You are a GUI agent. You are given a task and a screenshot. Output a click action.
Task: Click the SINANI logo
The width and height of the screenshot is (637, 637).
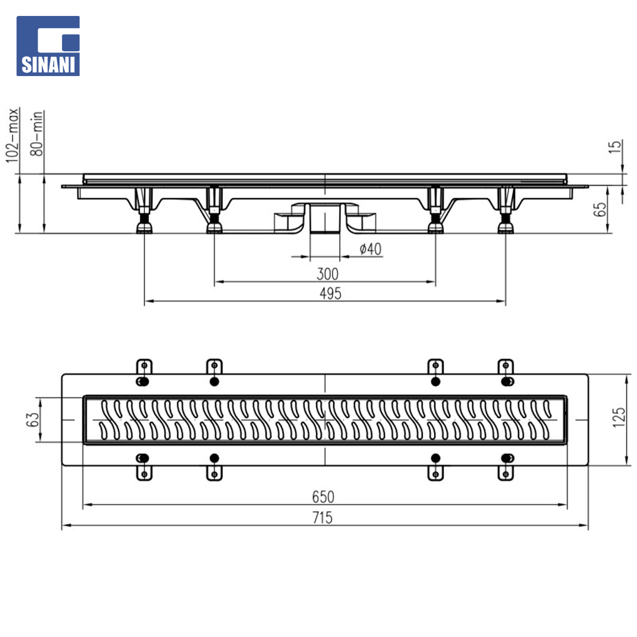point(48,46)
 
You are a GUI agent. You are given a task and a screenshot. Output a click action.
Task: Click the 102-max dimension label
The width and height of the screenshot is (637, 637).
point(12,135)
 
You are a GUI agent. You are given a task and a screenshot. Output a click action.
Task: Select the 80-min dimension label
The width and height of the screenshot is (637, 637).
point(37,133)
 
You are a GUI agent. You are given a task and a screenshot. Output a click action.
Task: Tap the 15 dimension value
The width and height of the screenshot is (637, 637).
point(615,147)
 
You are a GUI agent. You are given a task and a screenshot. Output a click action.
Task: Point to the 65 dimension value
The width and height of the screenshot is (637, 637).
point(600,209)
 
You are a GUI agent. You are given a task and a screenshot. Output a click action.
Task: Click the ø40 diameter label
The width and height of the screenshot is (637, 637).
point(370,249)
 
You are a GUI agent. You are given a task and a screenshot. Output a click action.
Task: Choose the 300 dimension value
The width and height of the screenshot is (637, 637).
point(327,274)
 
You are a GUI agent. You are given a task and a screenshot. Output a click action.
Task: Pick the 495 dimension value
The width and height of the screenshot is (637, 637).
point(330,293)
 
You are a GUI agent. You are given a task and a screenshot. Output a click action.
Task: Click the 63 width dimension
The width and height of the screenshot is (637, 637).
point(32,419)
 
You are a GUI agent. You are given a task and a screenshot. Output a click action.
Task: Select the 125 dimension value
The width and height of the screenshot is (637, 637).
point(619,417)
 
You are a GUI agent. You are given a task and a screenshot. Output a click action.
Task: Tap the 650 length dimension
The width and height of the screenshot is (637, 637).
point(323,497)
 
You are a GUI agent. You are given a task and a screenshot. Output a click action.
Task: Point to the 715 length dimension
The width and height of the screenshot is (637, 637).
point(322,518)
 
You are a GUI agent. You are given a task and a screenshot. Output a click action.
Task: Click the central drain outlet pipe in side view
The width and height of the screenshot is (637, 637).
point(325,219)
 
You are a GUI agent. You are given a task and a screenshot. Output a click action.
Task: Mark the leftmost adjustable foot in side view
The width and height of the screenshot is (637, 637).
point(145,211)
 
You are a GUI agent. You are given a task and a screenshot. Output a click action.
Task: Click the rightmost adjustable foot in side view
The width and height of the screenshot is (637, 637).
point(506,211)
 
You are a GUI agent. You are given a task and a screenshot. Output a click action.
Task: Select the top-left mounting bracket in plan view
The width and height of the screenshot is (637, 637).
point(144,367)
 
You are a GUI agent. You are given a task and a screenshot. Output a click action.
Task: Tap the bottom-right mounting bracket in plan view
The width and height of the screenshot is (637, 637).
point(506,473)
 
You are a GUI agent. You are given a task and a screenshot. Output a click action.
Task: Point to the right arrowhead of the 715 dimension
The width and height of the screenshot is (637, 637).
point(583,526)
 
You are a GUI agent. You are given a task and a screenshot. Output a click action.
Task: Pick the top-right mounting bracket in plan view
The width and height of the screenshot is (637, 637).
point(506,367)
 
